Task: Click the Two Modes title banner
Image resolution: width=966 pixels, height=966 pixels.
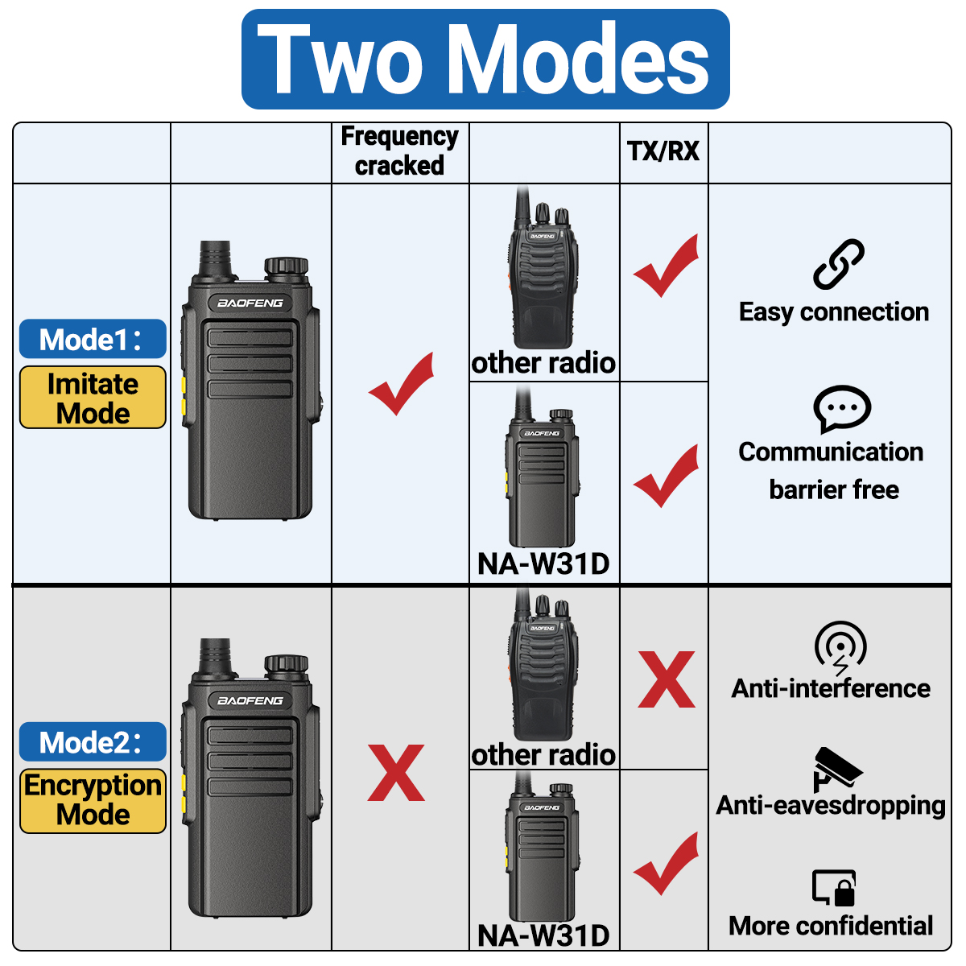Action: [x=485, y=60]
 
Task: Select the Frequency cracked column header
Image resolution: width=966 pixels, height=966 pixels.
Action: [x=399, y=151]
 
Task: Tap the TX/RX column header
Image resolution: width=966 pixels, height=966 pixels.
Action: [x=663, y=151]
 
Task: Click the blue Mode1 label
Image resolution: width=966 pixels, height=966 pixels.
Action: [x=93, y=340]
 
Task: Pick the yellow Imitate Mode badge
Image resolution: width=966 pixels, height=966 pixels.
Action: [x=93, y=398]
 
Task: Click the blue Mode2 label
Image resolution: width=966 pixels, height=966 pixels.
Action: [x=93, y=742]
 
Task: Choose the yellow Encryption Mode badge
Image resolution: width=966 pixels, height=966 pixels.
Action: [x=93, y=800]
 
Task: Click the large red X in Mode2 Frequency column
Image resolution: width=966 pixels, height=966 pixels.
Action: [x=396, y=773]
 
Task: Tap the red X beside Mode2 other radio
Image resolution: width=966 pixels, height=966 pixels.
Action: [x=667, y=680]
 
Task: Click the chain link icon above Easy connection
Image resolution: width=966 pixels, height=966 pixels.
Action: [x=838, y=264]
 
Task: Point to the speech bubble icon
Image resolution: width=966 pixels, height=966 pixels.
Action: [x=842, y=408]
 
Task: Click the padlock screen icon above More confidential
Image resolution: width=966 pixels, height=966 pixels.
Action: [x=834, y=888]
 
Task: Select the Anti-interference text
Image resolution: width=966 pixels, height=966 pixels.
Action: [x=831, y=689]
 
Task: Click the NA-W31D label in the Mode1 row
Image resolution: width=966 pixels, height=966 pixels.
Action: [x=543, y=564]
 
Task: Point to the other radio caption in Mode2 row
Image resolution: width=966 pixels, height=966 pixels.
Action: [x=543, y=755]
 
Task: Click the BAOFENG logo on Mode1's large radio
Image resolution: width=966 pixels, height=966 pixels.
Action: [x=250, y=303]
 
